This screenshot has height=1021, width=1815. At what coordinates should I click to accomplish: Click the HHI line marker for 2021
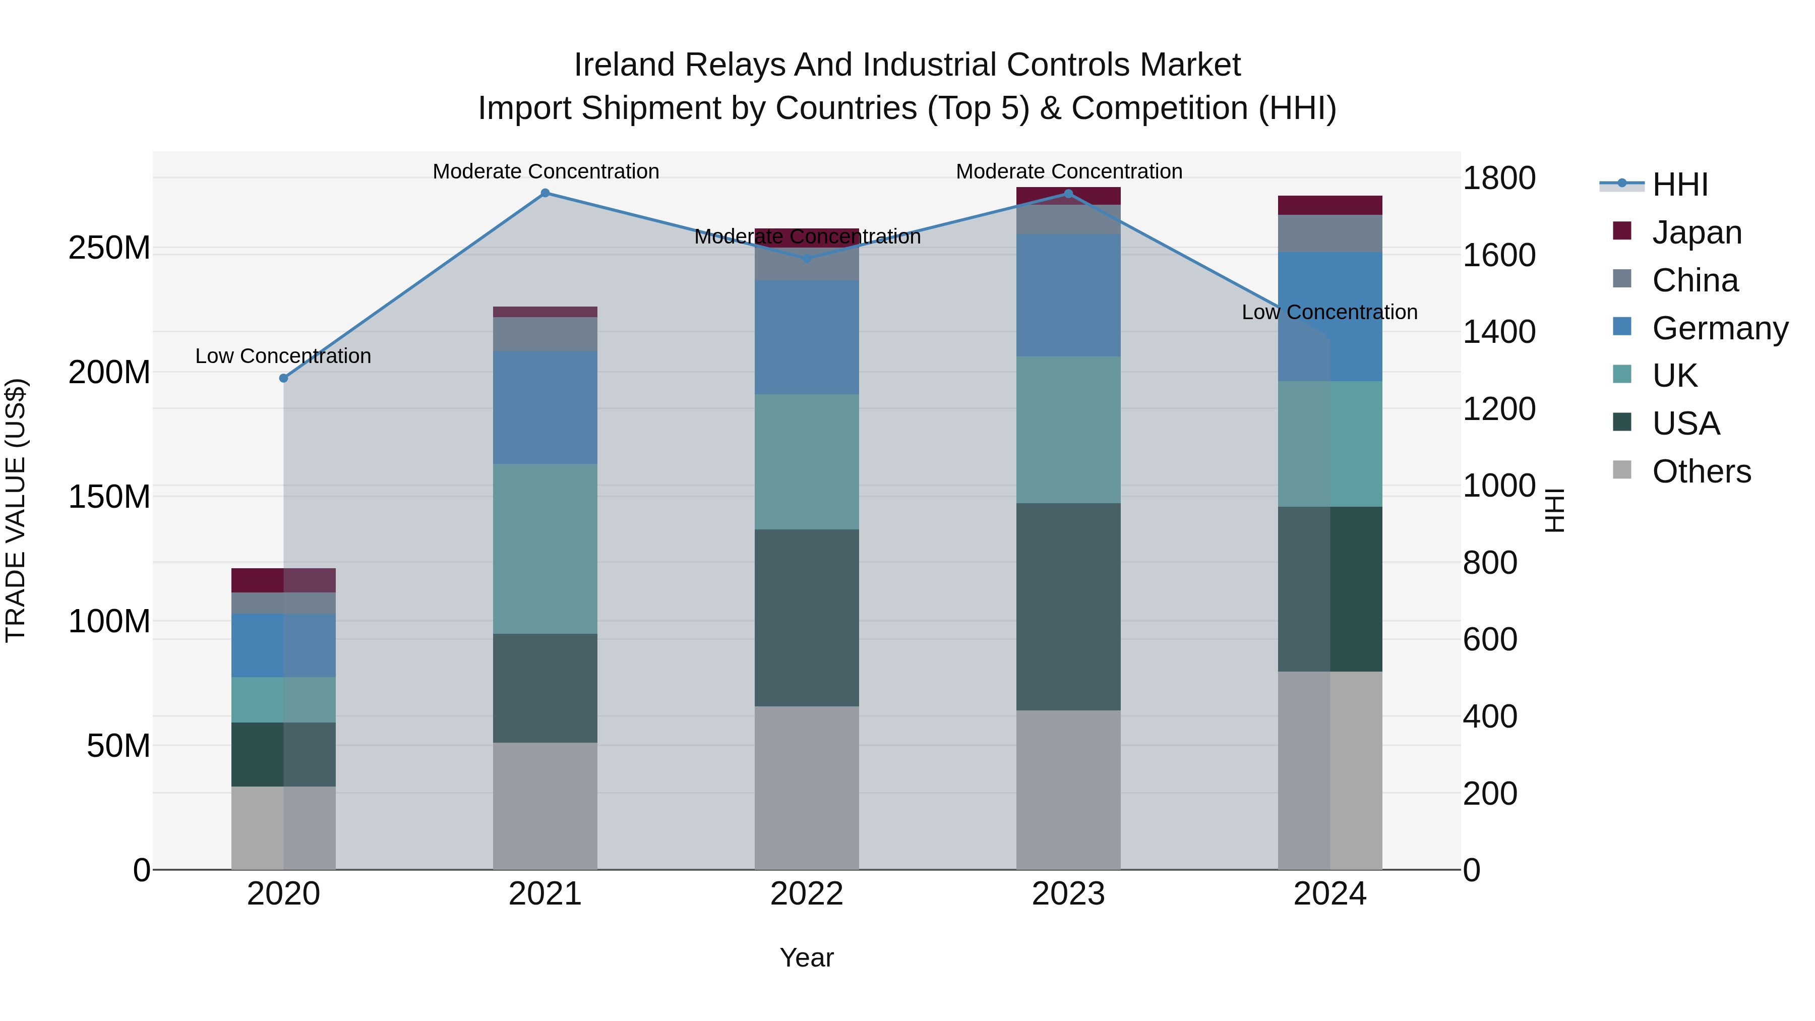coord(544,193)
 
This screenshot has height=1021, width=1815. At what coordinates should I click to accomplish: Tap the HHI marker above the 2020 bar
coord(284,378)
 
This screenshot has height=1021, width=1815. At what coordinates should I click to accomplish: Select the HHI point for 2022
coord(807,259)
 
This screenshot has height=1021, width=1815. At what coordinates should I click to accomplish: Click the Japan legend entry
coord(1696,232)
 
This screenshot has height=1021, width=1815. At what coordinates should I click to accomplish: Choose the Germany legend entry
coord(1719,328)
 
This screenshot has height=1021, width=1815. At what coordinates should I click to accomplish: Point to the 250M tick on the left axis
coord(109,248)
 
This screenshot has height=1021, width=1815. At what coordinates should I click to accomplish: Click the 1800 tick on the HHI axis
coord(1499,178)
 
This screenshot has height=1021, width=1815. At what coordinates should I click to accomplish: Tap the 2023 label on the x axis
coord(1068,894)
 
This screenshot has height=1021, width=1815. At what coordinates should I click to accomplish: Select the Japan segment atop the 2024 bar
coord(1329,205)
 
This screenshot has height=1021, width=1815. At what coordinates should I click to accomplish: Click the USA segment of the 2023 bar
coord(1068,606)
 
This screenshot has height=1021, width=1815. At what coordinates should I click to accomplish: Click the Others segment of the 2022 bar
coord(807,788)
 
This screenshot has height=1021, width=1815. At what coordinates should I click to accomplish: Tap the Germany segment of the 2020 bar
coord(284,645)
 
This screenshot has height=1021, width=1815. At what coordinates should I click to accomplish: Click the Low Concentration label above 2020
coord(283,356)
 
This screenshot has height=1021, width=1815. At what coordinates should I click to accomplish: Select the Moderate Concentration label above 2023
coord(1068,171)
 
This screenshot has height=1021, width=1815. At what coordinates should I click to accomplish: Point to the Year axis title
coord(806,957)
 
